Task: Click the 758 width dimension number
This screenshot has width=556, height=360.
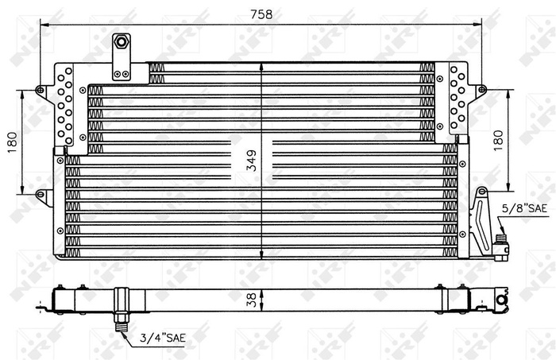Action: pos(262,14)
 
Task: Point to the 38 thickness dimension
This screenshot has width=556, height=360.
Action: pos(250,299)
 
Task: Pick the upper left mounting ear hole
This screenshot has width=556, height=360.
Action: pos(41,91)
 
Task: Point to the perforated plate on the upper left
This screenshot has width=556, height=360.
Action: pos(65,103)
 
